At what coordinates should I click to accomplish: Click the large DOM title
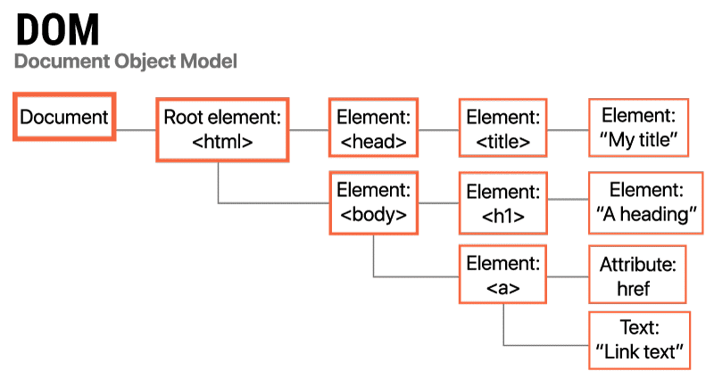[57, 29]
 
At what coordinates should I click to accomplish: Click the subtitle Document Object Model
[126, 62]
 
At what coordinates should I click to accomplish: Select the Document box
[64, 117]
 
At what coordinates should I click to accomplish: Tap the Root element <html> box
[222, 129]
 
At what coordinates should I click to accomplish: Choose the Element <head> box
[373, 129]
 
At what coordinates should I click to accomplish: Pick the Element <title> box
[503, 129]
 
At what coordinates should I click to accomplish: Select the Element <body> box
[373, 203]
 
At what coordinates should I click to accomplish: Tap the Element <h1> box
[503, 203]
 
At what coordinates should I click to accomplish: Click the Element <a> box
[503, 276]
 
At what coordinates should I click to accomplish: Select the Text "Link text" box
[640, 340]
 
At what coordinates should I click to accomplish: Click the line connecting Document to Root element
[136, 130]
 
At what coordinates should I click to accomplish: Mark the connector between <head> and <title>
[437, 130]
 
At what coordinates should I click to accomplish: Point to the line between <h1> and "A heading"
[568, 203]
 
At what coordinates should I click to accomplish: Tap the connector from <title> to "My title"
[568, 130]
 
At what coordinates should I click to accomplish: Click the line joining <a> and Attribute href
[568, 276]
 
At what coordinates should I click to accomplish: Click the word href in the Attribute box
[633, 288]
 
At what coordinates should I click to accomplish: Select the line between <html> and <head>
[309, 130]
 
